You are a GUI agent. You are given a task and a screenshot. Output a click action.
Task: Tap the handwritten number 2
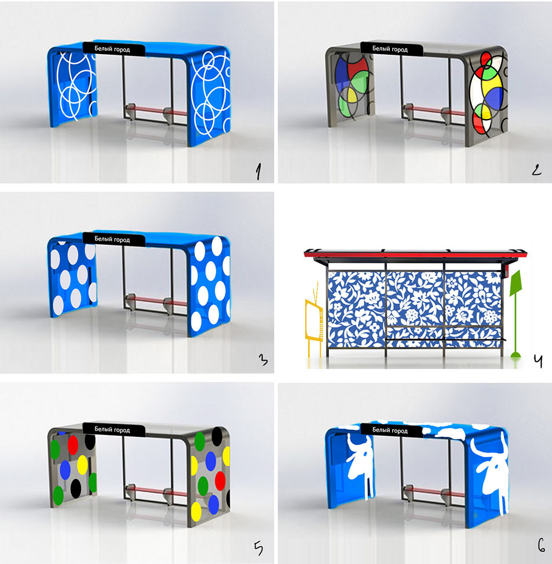point(536,169)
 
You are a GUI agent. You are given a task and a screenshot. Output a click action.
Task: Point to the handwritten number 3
point(263,360)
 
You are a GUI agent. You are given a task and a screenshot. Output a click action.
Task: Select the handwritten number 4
point(537,361)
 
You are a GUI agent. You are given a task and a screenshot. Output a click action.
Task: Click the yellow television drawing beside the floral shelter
point(314,321)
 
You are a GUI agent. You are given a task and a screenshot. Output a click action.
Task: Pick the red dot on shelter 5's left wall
point(73,444)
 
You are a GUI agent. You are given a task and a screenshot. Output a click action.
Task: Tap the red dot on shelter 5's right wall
point(220,480)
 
